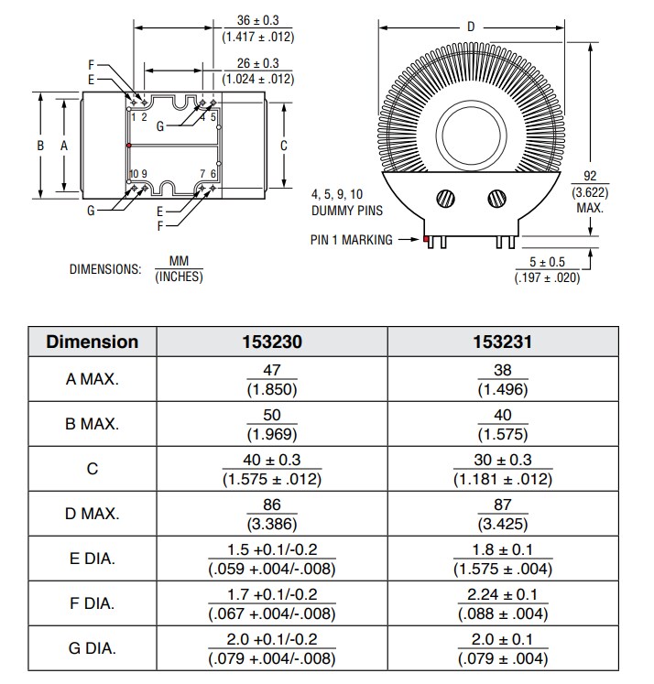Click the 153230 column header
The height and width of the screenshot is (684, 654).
point(272,342)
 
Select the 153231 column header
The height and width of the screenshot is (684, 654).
point(503,342)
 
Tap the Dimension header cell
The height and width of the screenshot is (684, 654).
point(93,342)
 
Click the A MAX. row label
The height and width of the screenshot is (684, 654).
point(93,379)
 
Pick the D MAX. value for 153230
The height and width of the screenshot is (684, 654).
point(272,514)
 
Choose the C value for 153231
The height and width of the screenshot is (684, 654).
point(503,469)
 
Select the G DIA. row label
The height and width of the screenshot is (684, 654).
point(93,648)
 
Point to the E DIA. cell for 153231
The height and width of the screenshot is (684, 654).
point(503,559)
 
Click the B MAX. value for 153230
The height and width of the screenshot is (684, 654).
point(272,424)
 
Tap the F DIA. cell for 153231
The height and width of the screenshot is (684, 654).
point(503,603)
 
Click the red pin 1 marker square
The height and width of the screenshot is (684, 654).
point(426,240)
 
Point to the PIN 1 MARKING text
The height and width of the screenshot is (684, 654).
point(351,240)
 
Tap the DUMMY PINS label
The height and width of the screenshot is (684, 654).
point(346,211)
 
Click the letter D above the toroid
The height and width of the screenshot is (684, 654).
point(471,27)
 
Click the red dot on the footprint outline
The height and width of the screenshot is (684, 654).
point(129,145)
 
